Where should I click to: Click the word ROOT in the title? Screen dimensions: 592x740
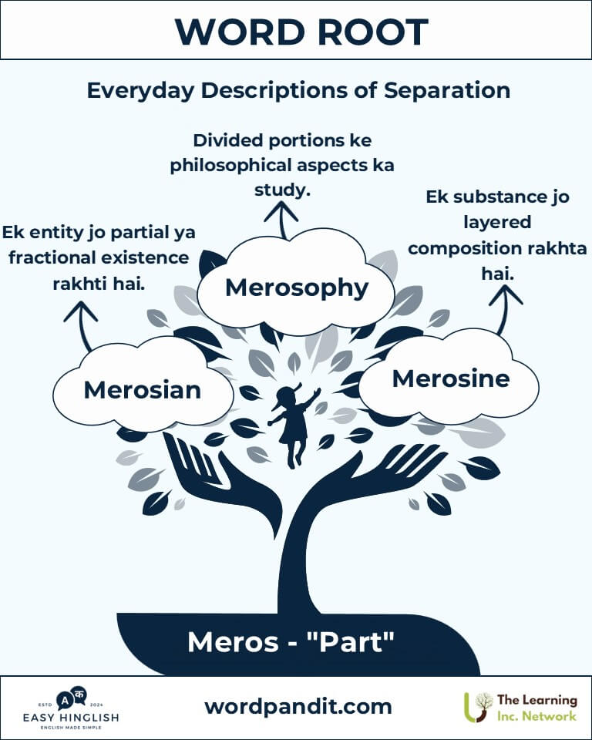372,32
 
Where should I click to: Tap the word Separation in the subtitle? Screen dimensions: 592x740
446,90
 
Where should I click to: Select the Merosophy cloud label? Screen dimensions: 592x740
297,288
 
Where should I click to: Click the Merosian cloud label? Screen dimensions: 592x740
142,390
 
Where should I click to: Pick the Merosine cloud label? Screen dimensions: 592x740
451,378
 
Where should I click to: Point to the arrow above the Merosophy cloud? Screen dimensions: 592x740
282,219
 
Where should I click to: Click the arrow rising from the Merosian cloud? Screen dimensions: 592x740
82,325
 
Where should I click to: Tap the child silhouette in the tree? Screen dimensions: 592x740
293,425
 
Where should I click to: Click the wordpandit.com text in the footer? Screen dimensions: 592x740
298,707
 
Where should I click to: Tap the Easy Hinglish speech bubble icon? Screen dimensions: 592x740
72,699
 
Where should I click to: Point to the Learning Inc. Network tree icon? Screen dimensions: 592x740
478,707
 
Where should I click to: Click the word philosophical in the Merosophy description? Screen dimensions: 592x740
230,166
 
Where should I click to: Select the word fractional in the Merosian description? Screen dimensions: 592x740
59,257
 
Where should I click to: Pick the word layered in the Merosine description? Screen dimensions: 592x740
497,222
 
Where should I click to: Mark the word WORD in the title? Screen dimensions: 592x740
240,32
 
